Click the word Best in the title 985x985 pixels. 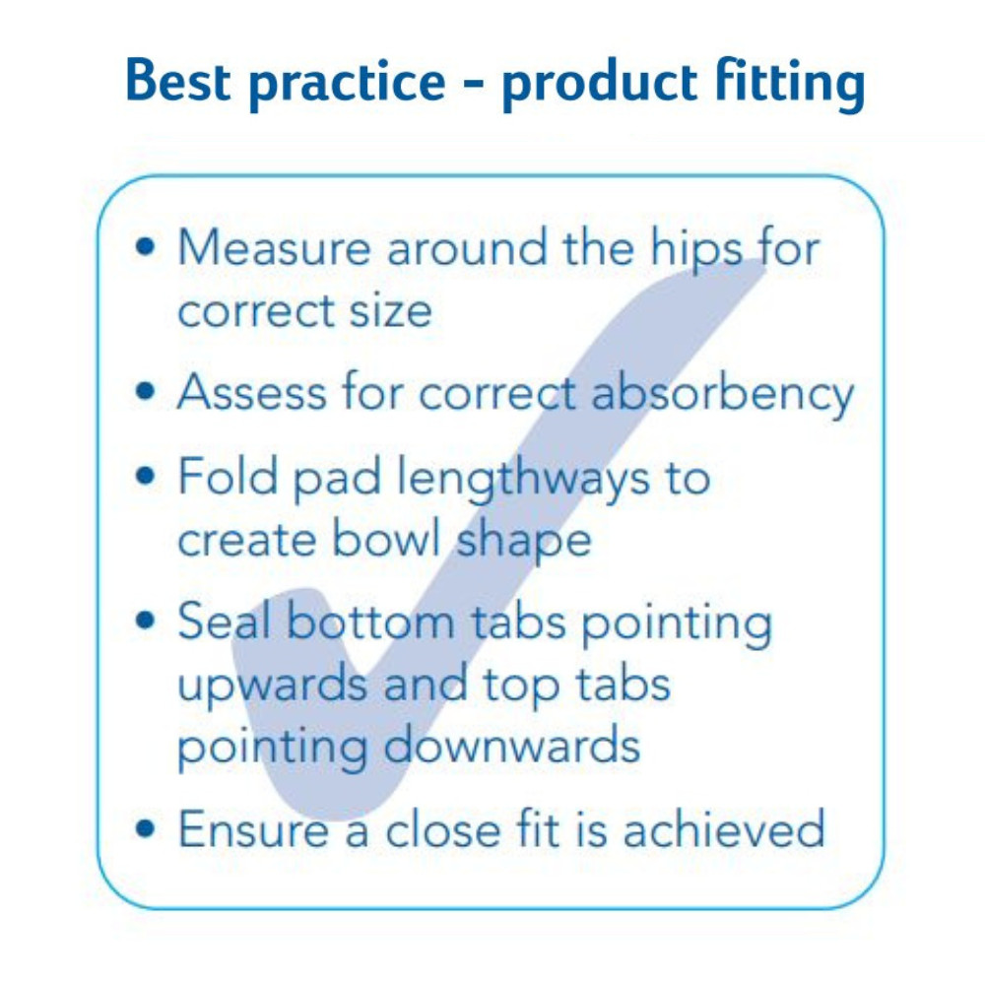pos(177,81)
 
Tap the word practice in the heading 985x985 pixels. pos(348,85)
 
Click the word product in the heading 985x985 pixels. pos(599,85)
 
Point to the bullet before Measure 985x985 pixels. pos(145,247)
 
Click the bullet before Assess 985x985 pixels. pos(145,391)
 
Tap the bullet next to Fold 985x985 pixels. pos(145,476)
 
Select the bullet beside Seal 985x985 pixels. pos(145,620)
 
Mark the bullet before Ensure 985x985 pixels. pos(145,828)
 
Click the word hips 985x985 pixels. pos(696,252)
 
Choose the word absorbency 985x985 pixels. pos(722,396)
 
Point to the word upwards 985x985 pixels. pos(273,686)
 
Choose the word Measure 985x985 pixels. pos(275,247)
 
